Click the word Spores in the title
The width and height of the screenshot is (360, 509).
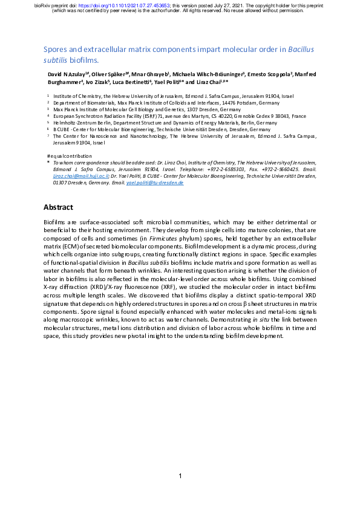click(x=57, y=50)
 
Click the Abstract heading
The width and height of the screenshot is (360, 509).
click(x=58, y=207)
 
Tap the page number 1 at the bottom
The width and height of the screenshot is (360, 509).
click(x=180, y=476)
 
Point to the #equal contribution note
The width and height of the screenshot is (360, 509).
click(x=64, y=156)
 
